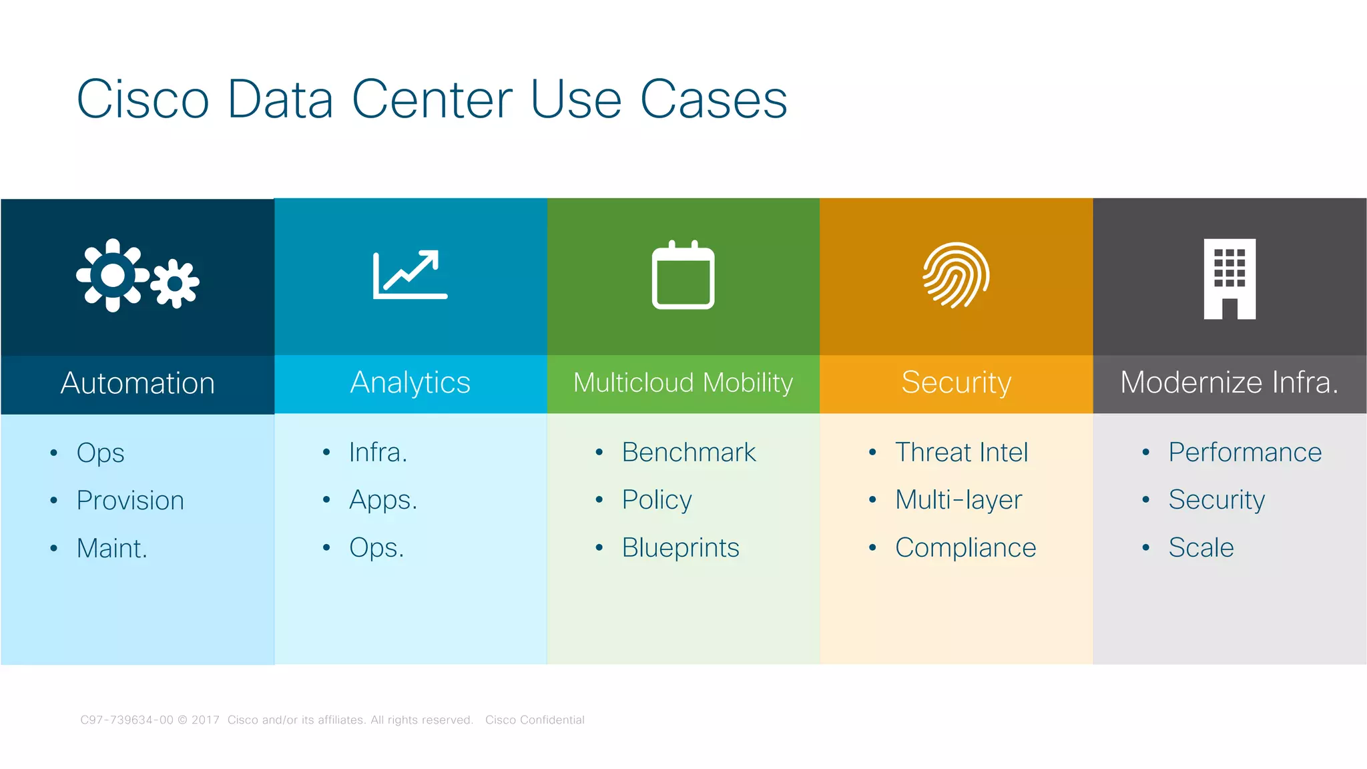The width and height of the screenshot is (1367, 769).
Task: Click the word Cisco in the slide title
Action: (143, 99)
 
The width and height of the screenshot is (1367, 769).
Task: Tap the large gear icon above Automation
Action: (112, 275)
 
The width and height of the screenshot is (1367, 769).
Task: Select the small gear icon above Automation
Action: (175, 284)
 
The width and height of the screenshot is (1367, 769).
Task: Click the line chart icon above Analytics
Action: (410, 274)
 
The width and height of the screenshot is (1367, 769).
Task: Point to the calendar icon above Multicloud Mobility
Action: (683, 275)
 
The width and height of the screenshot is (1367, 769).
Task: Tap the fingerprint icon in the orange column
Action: (956, 275)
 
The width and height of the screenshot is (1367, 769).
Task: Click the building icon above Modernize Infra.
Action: (1229, 279)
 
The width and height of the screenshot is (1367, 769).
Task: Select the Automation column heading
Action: (138, 383)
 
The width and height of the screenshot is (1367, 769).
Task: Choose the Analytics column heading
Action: (411, 382)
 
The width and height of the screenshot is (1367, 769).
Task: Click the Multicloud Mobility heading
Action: (683, 382)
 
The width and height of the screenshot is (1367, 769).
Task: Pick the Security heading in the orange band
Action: (956, 382)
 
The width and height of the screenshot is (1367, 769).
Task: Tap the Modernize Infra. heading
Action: (1229, 382)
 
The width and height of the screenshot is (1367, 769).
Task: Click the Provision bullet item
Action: (130, 501)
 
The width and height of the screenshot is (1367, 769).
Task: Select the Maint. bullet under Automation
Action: (111, 549)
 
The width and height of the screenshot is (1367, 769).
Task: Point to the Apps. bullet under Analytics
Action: (383, 500)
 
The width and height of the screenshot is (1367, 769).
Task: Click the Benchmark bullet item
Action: (689, 453)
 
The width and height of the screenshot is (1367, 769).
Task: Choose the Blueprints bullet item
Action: (680, 548)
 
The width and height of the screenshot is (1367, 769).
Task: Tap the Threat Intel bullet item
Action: (961, 453)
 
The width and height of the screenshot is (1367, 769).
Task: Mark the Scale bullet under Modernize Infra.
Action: (1201, 548)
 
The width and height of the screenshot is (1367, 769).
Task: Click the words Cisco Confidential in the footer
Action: (535, 720)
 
